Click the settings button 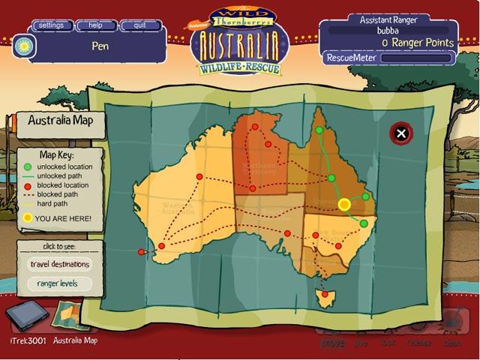51,25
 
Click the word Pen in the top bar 101,45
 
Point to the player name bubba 388,31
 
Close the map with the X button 401,134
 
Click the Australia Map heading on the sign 60,120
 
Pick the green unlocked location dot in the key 28,166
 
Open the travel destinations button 60,264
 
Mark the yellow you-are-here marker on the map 344,204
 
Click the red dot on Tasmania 325,294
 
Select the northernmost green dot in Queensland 319,130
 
